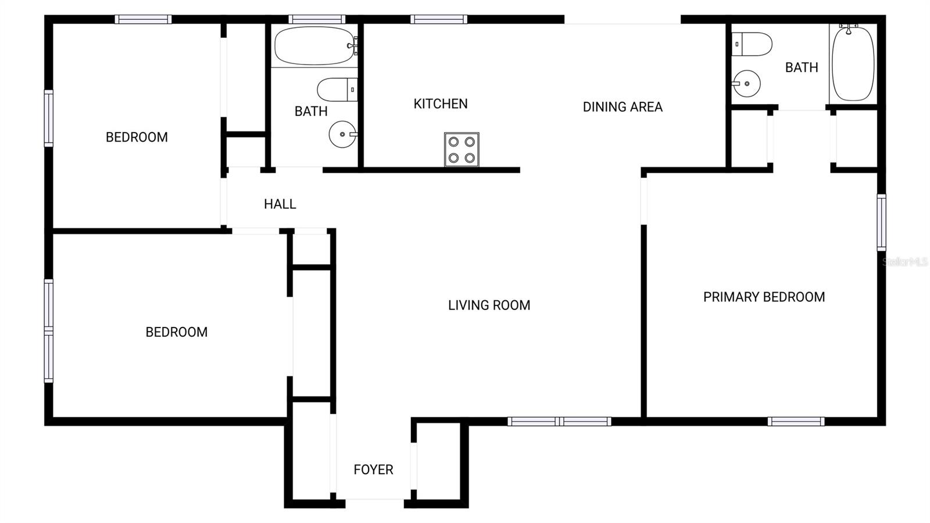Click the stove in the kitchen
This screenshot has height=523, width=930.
(462, 150)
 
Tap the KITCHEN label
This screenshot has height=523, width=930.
(440, 104)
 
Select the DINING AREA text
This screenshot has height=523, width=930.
(623, 106)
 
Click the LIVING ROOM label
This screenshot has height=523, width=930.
(489, 305)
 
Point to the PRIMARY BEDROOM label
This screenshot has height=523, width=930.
(764, 297)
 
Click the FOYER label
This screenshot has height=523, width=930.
(373, 469)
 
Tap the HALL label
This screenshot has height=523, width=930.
(280, 204)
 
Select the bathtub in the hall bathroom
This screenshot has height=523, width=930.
(315, 45)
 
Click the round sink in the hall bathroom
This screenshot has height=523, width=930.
(342, 134)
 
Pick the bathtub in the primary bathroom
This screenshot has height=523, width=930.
(853, 63)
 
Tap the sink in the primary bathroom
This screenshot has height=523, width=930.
(746, 84)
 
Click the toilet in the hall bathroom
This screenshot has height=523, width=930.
(337, 90)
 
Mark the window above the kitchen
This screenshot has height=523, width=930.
(438, 19)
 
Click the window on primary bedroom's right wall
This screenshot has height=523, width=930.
(881, 222)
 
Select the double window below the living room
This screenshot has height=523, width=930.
(559, 421)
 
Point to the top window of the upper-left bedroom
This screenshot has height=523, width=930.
(143, 19)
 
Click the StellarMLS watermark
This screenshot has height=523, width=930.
(904, 262)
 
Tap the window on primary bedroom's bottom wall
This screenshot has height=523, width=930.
(796, 421)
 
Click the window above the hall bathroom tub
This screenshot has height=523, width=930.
(317, 19)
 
